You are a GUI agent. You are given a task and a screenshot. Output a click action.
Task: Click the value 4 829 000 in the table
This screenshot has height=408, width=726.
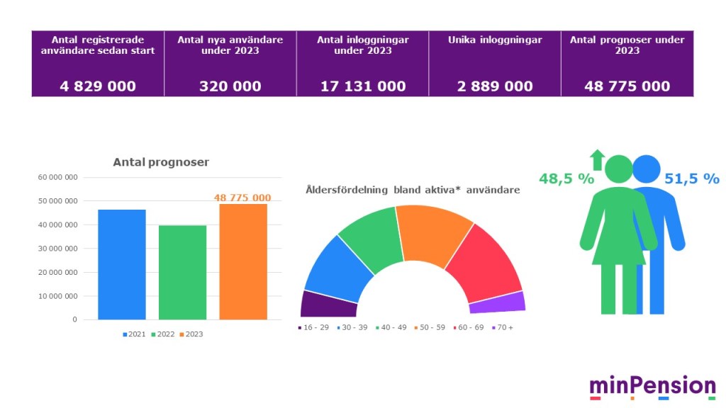[98, 86]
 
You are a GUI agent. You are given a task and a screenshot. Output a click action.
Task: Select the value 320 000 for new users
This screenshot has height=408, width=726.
[230, 86]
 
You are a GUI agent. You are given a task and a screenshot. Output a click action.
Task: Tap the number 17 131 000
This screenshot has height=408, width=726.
[363, 86]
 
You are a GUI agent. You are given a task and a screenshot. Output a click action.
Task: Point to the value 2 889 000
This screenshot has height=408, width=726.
[495, 86]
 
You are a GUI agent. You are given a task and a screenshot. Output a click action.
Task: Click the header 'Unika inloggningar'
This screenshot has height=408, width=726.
[495, 40]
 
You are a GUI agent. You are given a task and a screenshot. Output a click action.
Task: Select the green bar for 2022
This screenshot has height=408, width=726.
[182, 272]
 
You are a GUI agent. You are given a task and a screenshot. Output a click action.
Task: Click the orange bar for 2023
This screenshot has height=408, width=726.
[242, 261]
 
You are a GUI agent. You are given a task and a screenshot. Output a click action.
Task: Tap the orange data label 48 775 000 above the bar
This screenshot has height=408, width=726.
[242, 198]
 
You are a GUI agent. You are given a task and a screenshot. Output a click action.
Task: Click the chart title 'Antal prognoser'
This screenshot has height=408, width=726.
[161, 162]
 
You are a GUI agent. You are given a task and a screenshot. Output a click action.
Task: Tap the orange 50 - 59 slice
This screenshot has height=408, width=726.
[432, 234]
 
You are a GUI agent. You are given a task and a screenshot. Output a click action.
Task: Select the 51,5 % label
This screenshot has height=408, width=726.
[691, 179]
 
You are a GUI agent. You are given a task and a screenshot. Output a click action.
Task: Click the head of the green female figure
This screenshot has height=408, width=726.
[618, 169]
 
